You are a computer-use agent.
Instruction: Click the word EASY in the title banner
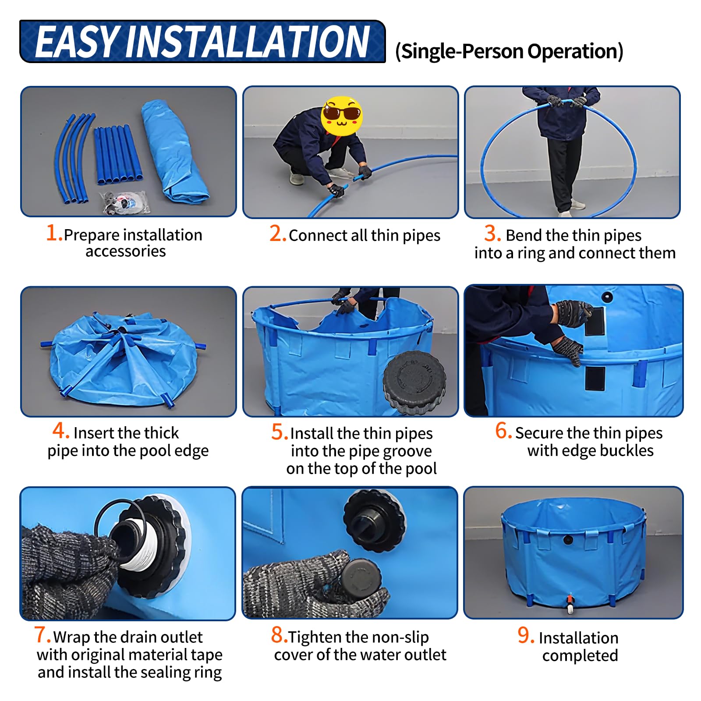click(x=78, y=42)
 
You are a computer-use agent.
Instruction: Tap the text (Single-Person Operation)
click(x=509, y=51)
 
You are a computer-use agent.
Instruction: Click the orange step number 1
click(x=54, y=233)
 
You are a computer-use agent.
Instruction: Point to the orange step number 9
click(x=526, y=635)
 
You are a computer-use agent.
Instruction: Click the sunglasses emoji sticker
click(x=341, y=115)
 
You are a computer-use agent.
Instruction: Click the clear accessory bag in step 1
click(x=125, y=202)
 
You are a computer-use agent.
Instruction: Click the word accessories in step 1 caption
click(x=126, y=251)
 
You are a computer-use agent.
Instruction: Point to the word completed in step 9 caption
click(x=580, y=655)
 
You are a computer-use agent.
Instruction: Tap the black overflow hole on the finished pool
click(x=568, y=539)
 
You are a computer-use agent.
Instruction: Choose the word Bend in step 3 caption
click(x=524, y=236)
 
